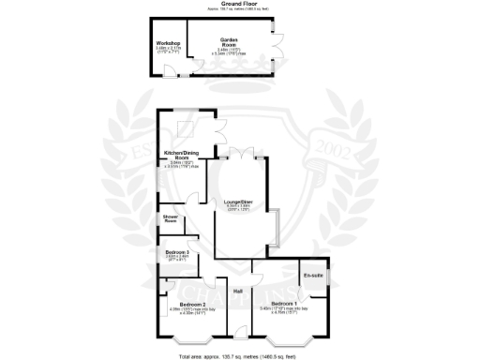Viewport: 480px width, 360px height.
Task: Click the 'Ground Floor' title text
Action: [239, 4]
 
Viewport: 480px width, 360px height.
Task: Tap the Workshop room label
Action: [169, 43]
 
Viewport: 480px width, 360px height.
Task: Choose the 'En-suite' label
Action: [312, 275]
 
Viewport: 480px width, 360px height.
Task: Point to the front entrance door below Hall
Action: [242, 330]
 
